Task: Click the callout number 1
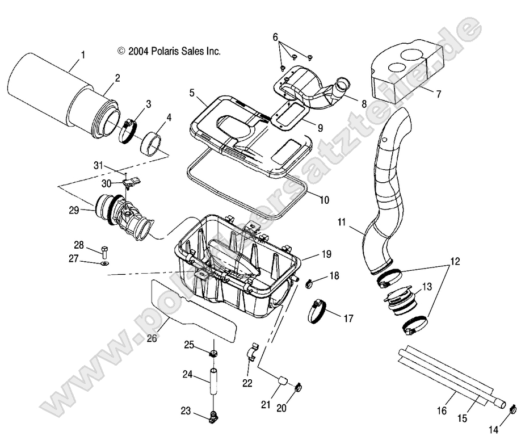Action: tap(83, 55)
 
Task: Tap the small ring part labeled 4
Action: tap(152, 145)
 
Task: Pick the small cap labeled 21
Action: tap(282, 380)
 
